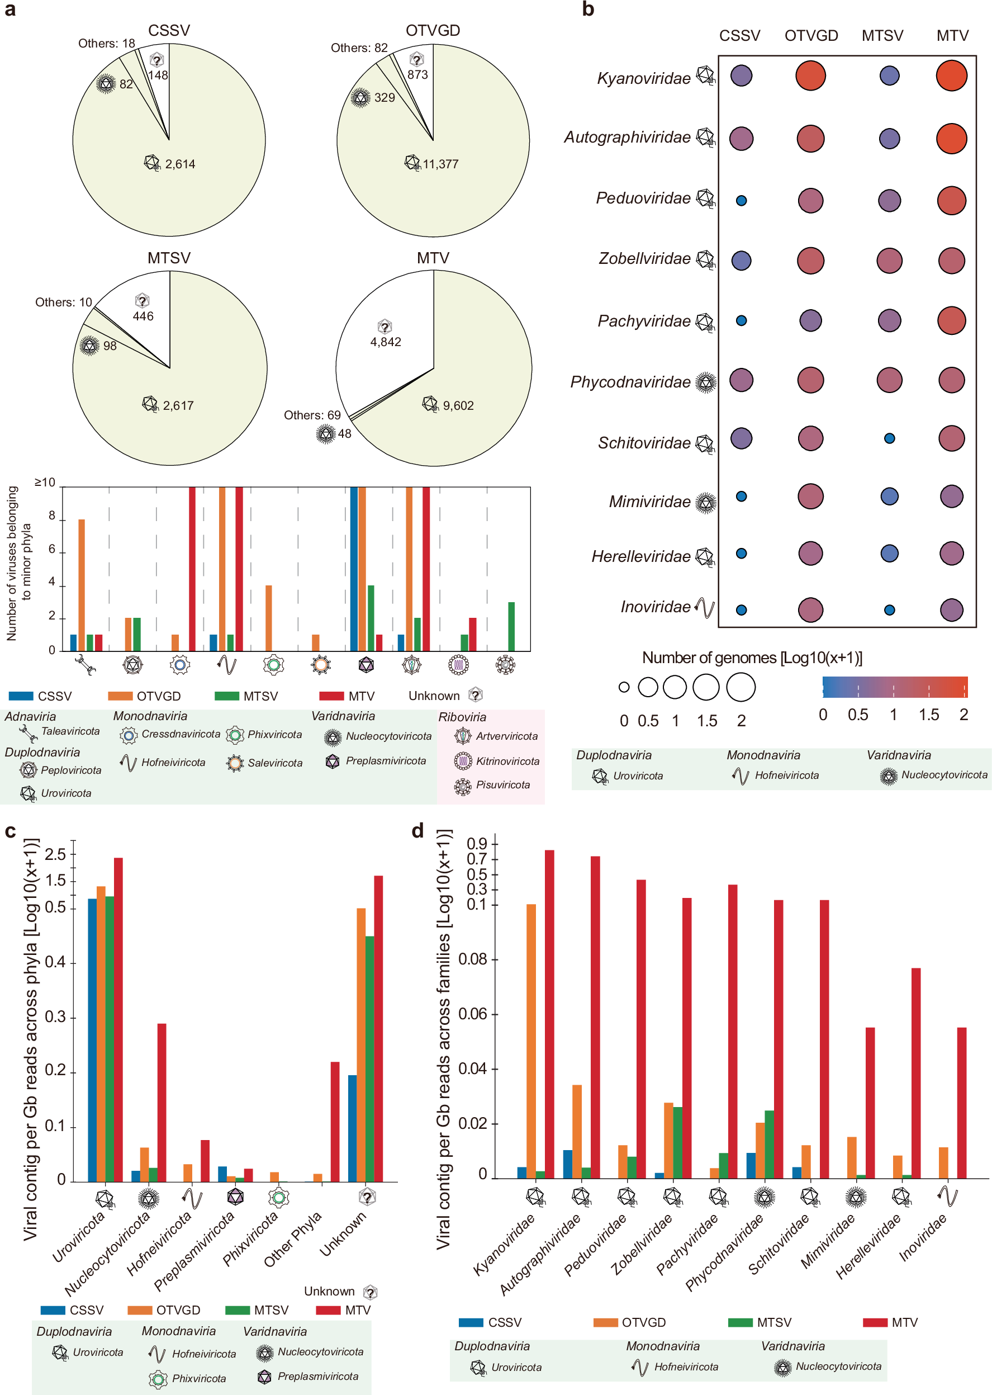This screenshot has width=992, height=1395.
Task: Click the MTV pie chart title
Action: point(433,258)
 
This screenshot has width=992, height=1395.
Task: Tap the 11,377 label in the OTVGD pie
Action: point(440,164)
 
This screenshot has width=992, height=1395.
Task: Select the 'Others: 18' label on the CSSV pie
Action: point(106,44)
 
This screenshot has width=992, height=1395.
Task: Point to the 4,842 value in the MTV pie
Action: point(386,342)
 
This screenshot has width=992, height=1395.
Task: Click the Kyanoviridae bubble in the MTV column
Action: point(951,76)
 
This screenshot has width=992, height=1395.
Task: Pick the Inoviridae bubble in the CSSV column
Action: point(741,610)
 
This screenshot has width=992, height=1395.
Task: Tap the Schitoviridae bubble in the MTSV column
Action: point(889,438)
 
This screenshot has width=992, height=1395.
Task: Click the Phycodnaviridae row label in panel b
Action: point(630,382)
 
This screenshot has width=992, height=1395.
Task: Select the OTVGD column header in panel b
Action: point(810,35)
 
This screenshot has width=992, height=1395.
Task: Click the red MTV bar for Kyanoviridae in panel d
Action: point(549,1014)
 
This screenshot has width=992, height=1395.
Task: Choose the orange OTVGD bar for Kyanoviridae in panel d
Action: point(531,1041)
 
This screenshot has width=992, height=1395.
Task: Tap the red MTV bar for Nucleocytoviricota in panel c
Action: point(162,1103)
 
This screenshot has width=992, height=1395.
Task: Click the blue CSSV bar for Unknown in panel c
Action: point(353,1128)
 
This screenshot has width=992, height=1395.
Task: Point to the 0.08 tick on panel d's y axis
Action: point(473,959)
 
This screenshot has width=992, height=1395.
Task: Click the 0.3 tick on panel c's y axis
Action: point(55,1017)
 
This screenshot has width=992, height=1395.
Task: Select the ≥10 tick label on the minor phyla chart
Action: point(45,483)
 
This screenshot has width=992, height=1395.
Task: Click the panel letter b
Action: point(587,9)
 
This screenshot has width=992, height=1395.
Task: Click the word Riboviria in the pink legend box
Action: point(462,717)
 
